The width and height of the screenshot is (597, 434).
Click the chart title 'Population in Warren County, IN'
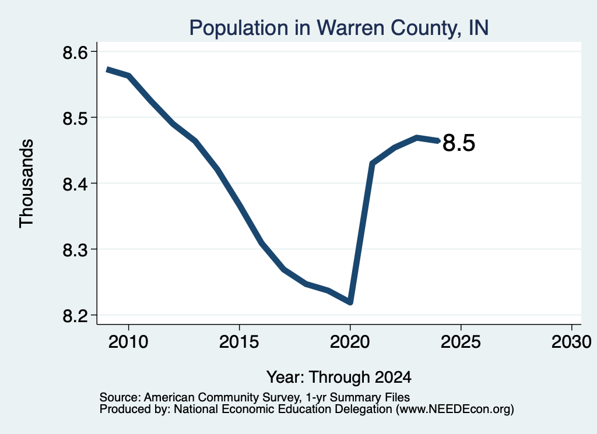point(339,28)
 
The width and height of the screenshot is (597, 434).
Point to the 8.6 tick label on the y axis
point(75,52)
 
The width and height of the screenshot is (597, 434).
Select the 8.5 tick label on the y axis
point(75,118)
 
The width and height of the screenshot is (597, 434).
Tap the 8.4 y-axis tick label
point(75,184)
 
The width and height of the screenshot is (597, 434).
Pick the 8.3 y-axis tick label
point(75,250)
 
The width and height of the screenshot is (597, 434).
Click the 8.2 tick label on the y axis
point(75,316)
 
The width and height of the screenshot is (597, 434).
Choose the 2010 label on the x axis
point(128,341)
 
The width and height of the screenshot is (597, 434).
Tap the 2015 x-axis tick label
point(239,341)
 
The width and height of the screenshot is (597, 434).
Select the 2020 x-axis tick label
point(350,341)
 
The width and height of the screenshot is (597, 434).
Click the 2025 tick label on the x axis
point(461,341)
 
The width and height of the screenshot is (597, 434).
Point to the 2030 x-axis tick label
point(571,341)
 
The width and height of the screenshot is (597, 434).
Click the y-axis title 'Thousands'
point(27,184)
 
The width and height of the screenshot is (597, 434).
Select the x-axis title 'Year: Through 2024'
point(339,377)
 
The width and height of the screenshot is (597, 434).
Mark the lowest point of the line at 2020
point(350,302)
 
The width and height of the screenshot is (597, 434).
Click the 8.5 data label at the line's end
point(459,143)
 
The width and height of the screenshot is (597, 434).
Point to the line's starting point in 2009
point(107,69)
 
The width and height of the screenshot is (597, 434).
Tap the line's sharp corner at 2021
point(372,164)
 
